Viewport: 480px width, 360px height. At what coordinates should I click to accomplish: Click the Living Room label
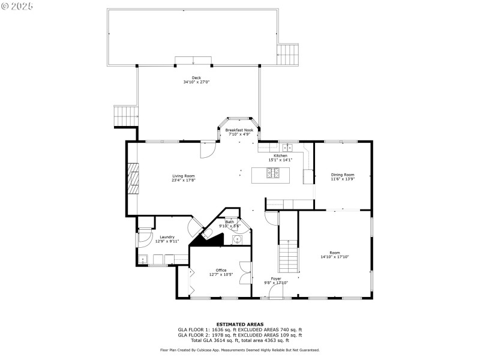click(x=184, y=176)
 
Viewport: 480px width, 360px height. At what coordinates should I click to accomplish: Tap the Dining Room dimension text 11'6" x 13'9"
click(x=343, y=179)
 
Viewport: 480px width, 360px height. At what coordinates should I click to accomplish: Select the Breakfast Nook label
click(x=239, y=130)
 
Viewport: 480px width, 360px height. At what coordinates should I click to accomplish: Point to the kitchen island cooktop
click(x=273, y=173)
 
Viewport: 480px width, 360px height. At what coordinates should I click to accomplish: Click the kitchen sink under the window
click(x=287, y=148)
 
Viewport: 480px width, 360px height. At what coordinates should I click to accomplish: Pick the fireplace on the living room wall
click(x=133, y=179)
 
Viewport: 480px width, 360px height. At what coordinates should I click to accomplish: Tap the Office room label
click(x=221, y=271)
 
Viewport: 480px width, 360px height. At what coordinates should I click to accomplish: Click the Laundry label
click(x=167, y=237)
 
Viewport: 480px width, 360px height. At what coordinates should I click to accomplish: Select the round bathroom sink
click(x=237, y=239)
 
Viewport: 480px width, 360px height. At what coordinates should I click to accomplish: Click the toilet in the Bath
click(x=207, y=234)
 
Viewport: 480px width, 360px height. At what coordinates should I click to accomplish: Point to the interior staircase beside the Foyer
click(x=288, y=256)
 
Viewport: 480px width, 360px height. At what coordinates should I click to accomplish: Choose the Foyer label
click(x=276, y=279)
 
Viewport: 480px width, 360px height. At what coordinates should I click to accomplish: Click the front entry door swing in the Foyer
click(x=275, y=291)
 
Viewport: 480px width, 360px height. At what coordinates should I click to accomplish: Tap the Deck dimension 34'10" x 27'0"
click(x=196, y=82)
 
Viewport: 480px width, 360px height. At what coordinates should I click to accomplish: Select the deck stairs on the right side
click(x=288, y=55)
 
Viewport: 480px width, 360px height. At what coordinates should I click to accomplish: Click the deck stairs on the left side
click(x=126, y=116)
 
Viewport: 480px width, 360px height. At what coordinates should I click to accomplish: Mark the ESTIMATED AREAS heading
click(x=240, y=325)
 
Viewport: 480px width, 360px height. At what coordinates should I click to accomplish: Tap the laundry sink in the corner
click(x=143, y=260)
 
